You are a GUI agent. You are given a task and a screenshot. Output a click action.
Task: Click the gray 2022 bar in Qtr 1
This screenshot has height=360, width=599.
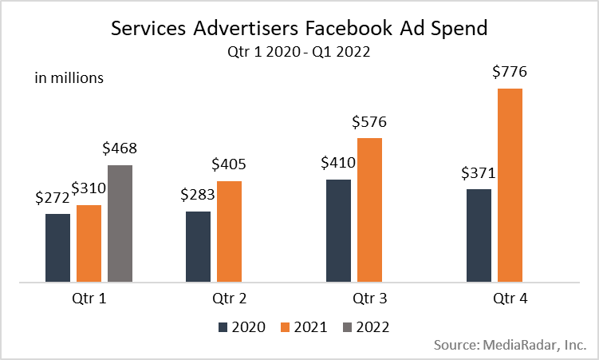click(120, 224)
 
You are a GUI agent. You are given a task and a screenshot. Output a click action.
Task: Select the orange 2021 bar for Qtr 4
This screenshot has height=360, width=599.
click(510, 185)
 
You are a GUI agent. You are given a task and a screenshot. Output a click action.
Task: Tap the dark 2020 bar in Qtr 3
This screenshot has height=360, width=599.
click(338, 231)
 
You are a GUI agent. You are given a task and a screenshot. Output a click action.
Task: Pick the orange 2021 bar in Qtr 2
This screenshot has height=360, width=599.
click(229, 231)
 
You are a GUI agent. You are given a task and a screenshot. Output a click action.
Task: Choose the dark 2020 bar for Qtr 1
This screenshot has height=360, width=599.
click(57, 247)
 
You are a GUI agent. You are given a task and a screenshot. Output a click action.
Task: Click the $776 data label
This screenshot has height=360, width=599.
click(510, 73)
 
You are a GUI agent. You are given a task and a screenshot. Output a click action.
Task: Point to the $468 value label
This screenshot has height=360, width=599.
click(120, 149)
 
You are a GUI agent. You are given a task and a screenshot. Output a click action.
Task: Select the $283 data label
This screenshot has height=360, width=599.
click(198, 196)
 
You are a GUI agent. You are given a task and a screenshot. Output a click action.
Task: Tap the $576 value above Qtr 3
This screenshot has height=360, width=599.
click(369, 122)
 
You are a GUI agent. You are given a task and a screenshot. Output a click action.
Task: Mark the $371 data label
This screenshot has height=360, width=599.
click(478, 173)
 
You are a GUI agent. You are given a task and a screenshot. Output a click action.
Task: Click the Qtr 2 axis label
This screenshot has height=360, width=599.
click(229, 299)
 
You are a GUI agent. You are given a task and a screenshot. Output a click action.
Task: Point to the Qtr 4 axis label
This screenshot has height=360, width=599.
click(510, 299)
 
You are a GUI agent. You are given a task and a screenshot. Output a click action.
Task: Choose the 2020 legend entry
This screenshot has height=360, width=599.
click(241, 326)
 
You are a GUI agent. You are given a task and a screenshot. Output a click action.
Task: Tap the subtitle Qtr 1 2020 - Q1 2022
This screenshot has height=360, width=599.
click(299, 52)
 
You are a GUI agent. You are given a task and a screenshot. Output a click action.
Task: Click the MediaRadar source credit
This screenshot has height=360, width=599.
click(511, 346)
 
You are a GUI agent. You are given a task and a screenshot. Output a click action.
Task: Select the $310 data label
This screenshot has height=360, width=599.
click(89, 189)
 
